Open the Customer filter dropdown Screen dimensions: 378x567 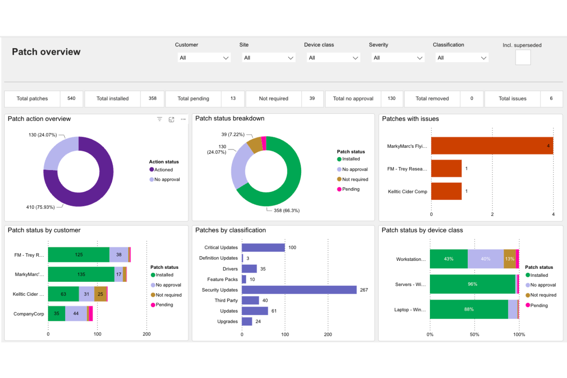pyautogui.click(x=204, y=58)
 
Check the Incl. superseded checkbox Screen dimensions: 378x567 pyautogui.click(x=523, y=57)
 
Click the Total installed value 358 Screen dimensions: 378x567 pyautogui.click(x=152, y=98)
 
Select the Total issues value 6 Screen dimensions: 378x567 pyautogui.click(x=551, y=98)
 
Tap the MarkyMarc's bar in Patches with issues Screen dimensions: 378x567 pyautogui.click(x=492, y=146)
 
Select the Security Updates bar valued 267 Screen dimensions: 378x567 pyautogui.click(x=299, y=290)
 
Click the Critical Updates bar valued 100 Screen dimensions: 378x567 pyautogui.click(x=263, y=247)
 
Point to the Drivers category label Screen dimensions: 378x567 pyautogui.click(x=230, y=269)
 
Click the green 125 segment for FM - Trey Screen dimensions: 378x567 pyautogui.click(x=79, y=255)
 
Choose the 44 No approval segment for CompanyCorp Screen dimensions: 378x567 pyautogui.click(x=76, y=313)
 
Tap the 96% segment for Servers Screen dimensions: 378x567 pyautogui.click(x=472, y=284)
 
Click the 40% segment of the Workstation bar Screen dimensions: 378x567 pyautogui.click(x=485, y=259)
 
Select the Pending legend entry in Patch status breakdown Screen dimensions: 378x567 pyautogui.click(x=351, y=189)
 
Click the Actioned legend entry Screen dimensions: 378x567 pyautogui.click(x=163, y=170)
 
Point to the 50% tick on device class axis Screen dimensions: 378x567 pyautogui.click(x=474, y=334)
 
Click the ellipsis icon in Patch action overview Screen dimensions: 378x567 pyautogui.click(x=183, y=119)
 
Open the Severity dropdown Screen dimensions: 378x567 pyautogui.click(x=398, y=58)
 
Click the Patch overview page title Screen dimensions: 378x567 pyautogui.click(x=46, y=52)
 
